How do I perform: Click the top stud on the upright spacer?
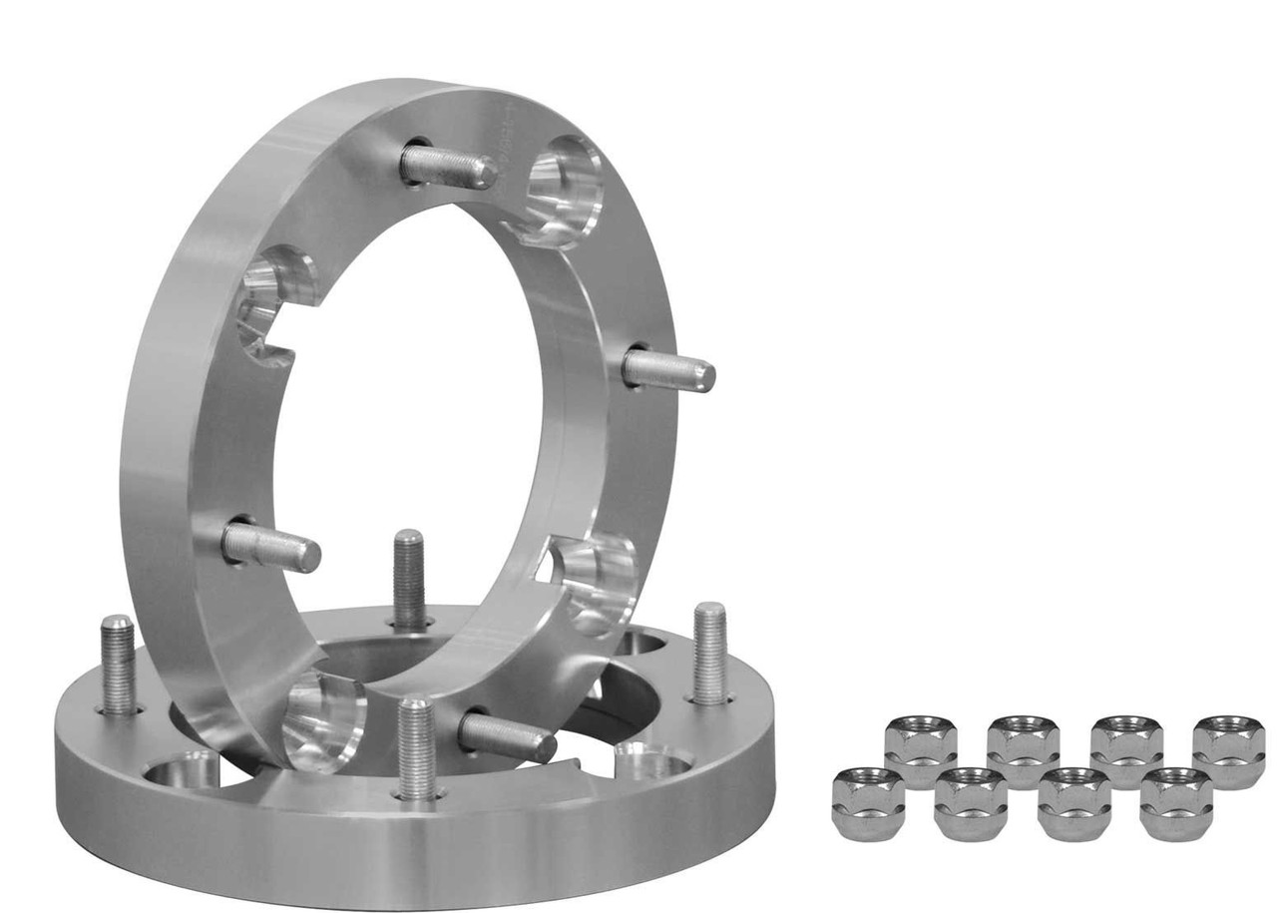click(x=448, y=167)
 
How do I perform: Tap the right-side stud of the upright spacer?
click(x=667, y=371)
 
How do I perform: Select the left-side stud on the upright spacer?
click(x=270, y=547)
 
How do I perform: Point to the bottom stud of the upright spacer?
click(x=507, y=738)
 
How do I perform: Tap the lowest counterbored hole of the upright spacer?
click(x=322, y=720)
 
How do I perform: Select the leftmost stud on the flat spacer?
click(x=118, y=664)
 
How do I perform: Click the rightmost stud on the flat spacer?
click(x=709, y=653)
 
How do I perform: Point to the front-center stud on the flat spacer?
click(x=416, y=748)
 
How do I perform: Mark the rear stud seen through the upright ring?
click(x=409, y=578)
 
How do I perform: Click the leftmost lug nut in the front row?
click(x=867, y=803)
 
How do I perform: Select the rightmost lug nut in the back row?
click(x=1229, y=751)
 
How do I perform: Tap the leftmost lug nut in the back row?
click(x=920, y=751)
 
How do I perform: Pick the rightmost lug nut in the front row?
click(x=1176, y=803)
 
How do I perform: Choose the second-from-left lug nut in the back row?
click(x=1023, y=751)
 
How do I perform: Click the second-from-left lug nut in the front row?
click(x=971, y=803)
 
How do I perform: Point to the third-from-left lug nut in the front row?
click(x=1073, y=803)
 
